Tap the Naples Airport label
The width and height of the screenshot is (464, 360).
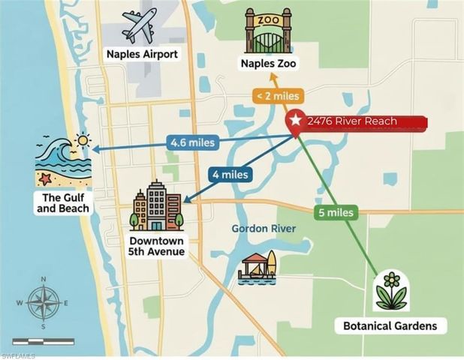142,54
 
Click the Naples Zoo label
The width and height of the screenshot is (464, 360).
269,64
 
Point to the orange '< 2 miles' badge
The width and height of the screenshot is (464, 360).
278,95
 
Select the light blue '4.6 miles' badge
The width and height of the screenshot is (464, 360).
191,141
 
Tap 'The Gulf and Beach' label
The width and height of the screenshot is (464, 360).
63,202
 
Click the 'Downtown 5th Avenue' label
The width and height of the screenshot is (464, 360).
156,245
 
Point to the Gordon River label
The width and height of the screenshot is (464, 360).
264,228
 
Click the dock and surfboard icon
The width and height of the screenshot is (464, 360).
258,267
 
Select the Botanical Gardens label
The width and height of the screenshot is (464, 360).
390,326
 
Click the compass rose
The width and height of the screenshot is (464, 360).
44,303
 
